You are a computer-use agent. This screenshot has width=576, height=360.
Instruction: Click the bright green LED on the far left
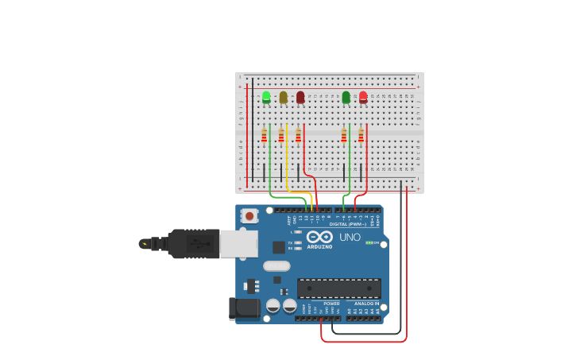pyautogui.click(x=266, y=97)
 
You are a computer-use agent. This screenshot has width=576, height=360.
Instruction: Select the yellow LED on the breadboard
pyautogui.click(x=283, y=97)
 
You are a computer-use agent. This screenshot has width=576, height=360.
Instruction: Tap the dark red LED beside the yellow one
pyautogui.click(x=300, y=97)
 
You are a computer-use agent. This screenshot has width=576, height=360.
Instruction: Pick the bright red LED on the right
pyautogui.click(x=363, y=97)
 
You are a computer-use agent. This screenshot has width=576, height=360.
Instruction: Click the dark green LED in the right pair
pyautogui.click(x=346, y=97)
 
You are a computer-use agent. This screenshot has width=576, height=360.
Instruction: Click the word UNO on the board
pyautogui.click(x=350, y=237)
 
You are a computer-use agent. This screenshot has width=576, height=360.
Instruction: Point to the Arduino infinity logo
pyautogui.click(x=319, y=237)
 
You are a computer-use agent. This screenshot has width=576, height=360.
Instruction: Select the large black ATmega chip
pyautogui.click(x=338, y=288)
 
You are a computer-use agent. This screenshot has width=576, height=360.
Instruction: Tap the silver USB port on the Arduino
pyautogui.click(x=238, y=244)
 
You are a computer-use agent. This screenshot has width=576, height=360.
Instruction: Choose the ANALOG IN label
pyautogui.click(x=366, y=303)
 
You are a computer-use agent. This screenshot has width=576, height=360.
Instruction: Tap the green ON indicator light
pyautogui.click(x=369, y=242)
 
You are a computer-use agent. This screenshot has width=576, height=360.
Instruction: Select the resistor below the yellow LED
pyautogui.click(x=281, y=135)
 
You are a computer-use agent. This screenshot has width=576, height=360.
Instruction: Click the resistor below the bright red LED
pyautogui.click(x=361, y=135)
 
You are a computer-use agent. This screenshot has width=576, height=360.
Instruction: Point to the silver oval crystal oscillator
pyautogui.click(x=276, y=266)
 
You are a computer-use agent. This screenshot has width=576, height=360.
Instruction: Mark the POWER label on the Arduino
pyautogui.click(x=331, y=303)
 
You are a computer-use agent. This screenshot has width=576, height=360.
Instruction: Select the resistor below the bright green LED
pyautogui.click(x=264, y=135)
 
